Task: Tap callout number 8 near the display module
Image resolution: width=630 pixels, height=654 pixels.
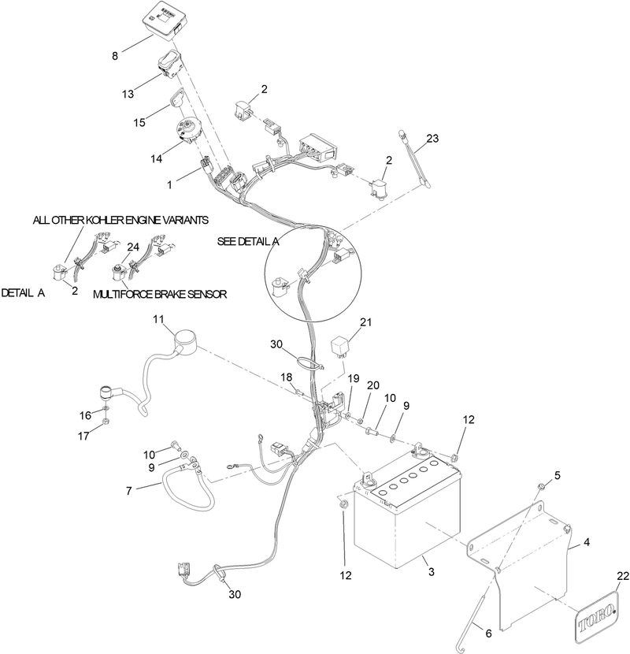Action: point(115,56)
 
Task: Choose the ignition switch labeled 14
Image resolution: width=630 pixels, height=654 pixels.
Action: point(189,130)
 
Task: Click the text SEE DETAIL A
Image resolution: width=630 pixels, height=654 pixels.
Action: point(248,241)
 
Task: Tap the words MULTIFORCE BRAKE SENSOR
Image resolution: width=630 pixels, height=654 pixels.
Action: point(160,295)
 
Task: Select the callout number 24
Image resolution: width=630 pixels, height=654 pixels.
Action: point(133,247)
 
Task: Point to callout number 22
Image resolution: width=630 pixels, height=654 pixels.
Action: point(622,576)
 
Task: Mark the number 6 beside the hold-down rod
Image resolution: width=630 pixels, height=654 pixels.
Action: point(489,634)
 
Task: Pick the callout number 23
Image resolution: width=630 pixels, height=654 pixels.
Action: point(432,138)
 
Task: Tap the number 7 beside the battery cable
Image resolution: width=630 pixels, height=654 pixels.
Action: point(129,491)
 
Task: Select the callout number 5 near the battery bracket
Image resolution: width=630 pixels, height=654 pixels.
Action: point(558,475)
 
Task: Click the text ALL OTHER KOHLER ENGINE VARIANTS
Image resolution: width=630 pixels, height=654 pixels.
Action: point(121,220)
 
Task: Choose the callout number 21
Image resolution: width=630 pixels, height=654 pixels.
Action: point(365,322)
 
